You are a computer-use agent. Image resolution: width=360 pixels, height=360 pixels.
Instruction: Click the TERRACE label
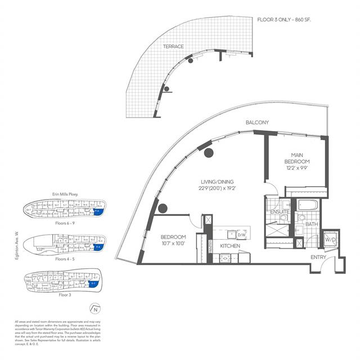[x=173, y=46]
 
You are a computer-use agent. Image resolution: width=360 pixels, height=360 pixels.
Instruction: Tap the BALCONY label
[x=256, y=123]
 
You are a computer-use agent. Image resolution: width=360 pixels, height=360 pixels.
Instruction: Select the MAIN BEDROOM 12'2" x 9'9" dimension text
[x=297, y=167]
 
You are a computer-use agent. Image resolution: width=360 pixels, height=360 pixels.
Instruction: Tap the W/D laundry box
[x=331, y=241]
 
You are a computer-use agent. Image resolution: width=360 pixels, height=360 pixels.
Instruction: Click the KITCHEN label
[x=229, y=246]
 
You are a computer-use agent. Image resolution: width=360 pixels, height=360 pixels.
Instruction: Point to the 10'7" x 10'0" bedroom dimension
[x=173, y=243]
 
